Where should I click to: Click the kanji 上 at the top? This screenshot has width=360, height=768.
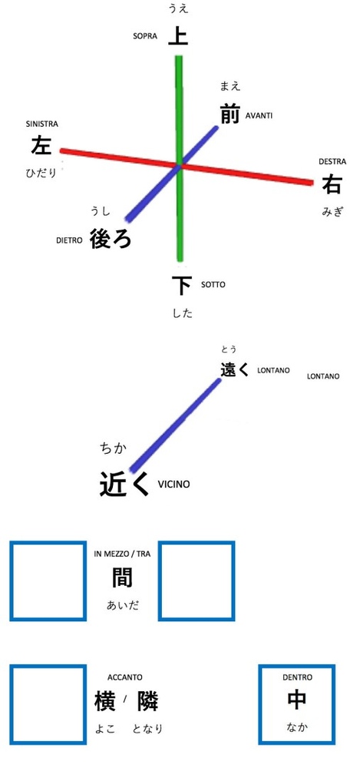coord(178,36)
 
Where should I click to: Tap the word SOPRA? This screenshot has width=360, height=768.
coord(145,36)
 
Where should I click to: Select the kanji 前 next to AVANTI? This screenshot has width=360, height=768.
coord(230,114)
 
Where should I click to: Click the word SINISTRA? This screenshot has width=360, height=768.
coord(41,124)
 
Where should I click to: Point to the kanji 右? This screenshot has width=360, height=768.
coord(332,185)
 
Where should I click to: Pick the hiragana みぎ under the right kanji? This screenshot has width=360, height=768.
coord(332,212)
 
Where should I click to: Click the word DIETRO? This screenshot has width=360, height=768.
coord(69,240)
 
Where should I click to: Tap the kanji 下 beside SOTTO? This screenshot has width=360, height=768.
coord(182,286)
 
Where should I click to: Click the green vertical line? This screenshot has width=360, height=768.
coord(180,158)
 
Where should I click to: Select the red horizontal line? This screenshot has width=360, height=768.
coord(187,167)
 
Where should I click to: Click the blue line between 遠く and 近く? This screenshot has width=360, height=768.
coord(175,425)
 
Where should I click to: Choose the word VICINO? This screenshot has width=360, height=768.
coord(173,485)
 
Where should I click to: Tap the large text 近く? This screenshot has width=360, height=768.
coord(124,484)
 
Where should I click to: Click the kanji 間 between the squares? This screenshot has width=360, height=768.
coord(122,578)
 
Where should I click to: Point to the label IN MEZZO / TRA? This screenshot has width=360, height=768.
coord(122,554)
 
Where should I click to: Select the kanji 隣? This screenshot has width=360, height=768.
coord(148,701)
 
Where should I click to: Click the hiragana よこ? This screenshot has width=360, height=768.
coord(105,729)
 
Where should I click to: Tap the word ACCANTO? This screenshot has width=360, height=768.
coord(125,677)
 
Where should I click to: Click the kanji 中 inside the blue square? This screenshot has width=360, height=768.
coord(297,700)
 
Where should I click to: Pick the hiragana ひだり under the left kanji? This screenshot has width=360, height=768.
coord(41,172)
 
